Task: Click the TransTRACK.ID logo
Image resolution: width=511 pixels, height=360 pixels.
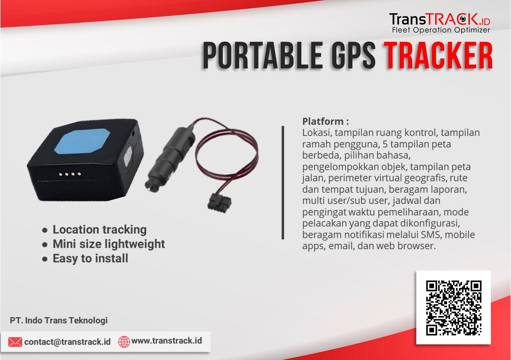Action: coord(440,23)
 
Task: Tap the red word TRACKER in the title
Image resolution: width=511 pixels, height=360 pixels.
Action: coord(438,56)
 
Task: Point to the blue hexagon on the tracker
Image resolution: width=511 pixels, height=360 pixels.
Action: coord(82,141)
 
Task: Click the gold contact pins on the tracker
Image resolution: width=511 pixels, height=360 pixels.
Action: coord(70,174)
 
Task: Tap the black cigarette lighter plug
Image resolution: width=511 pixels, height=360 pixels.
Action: coord(170,159)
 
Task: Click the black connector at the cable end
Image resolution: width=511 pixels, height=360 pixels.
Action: coord(219,203)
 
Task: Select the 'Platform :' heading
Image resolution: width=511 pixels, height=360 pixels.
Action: coord(326,122)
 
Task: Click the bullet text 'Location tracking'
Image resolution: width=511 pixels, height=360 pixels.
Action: coord(100,229)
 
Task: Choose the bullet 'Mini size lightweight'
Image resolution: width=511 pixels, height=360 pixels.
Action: coord(109,244)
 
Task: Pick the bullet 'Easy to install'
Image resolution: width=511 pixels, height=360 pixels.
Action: coord(90,259)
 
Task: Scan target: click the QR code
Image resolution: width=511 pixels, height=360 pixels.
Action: coord(454,308)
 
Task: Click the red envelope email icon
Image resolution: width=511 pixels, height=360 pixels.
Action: coord(15,342)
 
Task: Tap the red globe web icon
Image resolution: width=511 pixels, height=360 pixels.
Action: coord(124,342)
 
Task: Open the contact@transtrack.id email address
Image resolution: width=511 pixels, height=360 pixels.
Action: coord(67,342)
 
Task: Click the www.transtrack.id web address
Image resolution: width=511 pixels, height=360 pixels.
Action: coord(167,341)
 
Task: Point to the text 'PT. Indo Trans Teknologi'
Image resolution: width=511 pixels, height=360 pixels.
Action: coord(58,320)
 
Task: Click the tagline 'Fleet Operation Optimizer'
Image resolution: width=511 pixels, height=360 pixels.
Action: coord(441,30)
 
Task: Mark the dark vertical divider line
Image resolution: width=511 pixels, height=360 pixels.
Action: coord(283,182)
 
